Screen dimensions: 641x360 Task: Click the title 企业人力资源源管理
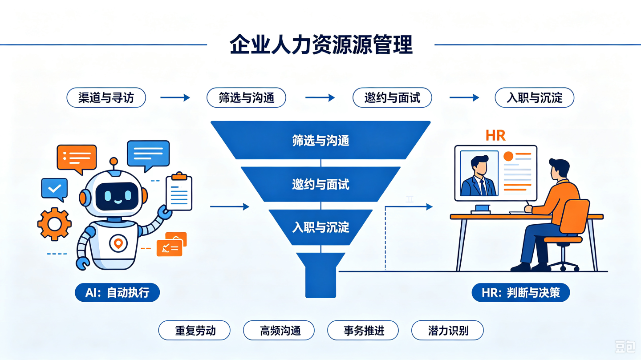click(321, 44)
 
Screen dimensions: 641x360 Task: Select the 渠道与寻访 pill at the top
click(106, 97)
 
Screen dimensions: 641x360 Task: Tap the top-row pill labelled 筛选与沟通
click(246, 97)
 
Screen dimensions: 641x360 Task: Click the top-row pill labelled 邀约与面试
click(392, 97)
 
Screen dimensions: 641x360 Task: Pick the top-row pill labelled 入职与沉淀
click(534, 97)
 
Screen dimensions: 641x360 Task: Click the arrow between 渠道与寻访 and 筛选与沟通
click(175, 97)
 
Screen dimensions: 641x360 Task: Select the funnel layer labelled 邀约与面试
click(320, 184)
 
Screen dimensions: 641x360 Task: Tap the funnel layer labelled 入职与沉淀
click(320, 227)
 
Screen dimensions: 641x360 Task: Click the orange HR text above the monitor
click(495, 136)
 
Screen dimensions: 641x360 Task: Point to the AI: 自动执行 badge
click(117, 292)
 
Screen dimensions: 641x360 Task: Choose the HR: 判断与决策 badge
click(520, 292)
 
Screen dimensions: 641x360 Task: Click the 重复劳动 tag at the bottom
click(194, 330)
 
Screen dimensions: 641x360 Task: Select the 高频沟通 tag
click(279, 330)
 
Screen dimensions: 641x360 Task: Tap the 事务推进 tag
click(363, 330)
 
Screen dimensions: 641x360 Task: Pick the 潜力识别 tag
click(447, 330)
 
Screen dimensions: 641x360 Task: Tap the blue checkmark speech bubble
click(54, 189)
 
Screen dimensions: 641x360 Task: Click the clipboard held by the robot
click(179, 191)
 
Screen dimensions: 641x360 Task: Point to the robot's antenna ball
click(114, 161)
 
